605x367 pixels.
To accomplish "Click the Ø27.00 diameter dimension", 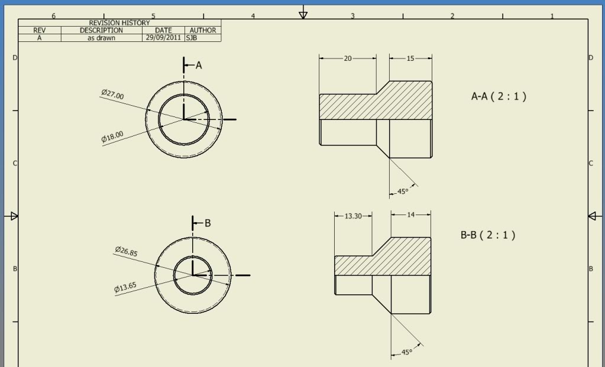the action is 113,95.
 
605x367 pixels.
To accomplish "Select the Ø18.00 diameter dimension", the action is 112,137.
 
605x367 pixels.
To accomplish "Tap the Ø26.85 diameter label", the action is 126,251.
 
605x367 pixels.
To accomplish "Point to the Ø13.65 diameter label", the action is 125,288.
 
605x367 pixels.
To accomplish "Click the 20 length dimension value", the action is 348,59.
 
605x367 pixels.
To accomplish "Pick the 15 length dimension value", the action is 410,59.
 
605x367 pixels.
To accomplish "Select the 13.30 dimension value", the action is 353,216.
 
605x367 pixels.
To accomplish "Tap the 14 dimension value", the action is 410,215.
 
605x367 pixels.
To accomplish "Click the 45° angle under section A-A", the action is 402,191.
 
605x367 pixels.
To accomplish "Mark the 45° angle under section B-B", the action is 407,352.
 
